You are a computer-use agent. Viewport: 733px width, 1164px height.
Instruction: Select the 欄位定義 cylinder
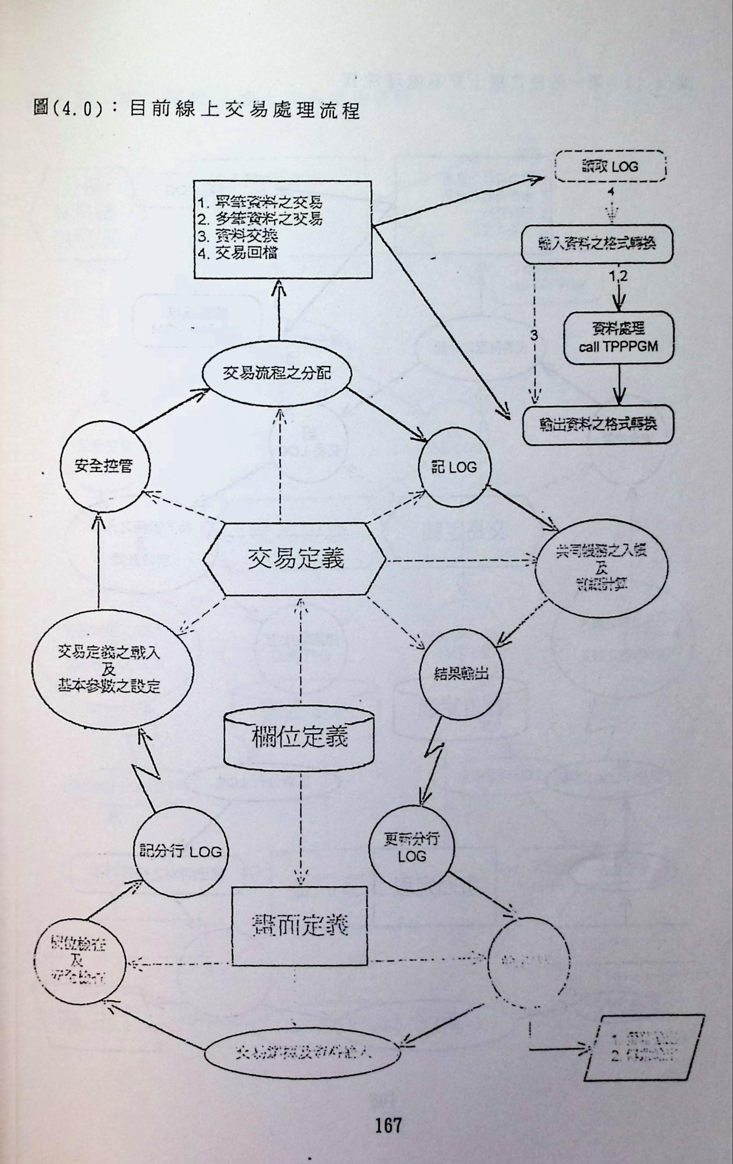299,738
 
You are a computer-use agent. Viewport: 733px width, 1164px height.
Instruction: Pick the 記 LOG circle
453,467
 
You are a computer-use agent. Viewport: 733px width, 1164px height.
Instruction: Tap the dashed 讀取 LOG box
610,167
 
